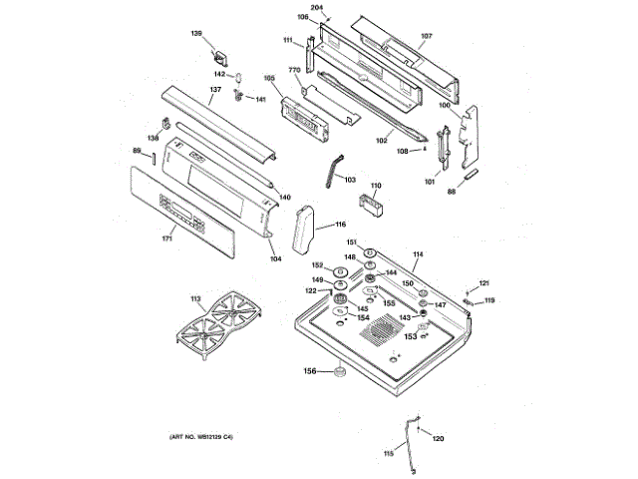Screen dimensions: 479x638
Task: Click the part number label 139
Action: tap(196, 35)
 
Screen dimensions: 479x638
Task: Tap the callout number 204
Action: tap(317, 8)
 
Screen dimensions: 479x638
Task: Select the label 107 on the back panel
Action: tap(427, 37)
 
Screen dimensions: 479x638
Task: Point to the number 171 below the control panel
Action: tap(167, 238)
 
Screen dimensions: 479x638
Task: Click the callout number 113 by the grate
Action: tap(195, 298)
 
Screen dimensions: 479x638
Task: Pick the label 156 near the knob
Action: tap(310, 371)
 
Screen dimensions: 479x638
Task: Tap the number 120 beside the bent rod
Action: tap(438, 437)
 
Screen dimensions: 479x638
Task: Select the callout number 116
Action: tap(340, 225)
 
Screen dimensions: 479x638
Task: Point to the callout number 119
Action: tap(489, 300)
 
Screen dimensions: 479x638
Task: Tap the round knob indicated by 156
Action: tap(339, 373)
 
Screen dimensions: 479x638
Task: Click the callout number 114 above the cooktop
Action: tap(418, 255)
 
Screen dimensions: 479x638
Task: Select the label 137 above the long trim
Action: tap(214, 90)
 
